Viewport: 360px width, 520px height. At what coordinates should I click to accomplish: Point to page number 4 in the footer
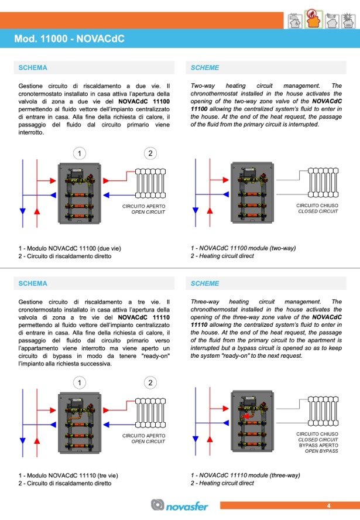pyautogui.click(x=328, y=505)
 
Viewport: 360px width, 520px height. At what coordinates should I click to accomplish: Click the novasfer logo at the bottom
pyautogui.click(x=179, y=505)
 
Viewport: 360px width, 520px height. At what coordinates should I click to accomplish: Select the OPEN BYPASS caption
pyautogui.click(x=321, y=451)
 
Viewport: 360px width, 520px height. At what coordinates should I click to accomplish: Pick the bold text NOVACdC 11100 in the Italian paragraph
pyautogui.click(x=144, y=101)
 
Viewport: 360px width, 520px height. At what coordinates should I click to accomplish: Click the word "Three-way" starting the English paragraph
pyautogui.click(x=204, y=302)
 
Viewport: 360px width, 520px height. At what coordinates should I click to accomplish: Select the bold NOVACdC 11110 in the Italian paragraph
pyautogui.click(x=144, y=317)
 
